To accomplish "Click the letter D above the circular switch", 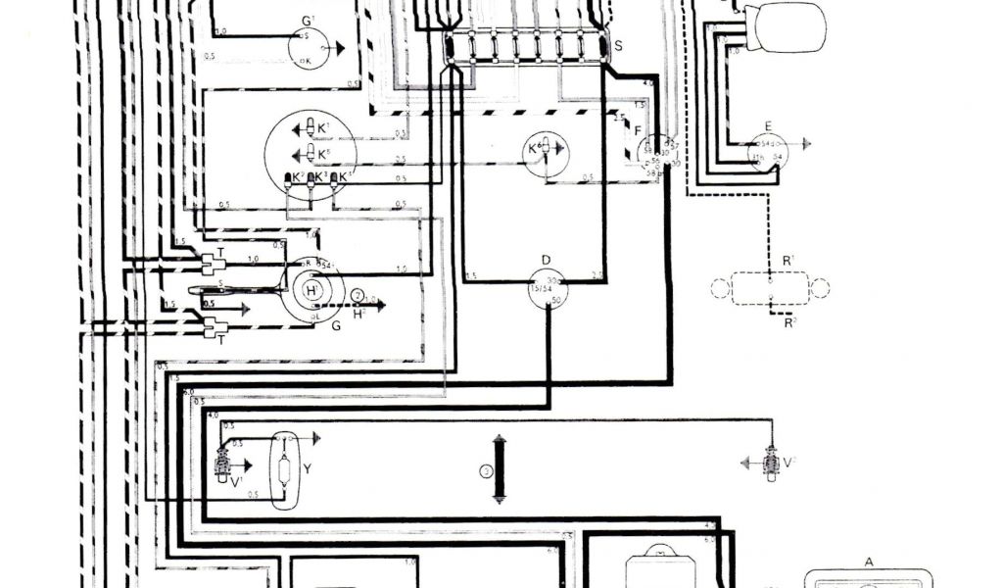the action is click(x=547, y=260).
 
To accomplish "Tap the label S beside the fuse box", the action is click(x=617, y=45).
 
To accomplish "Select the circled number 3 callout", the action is click(x=484, y=470).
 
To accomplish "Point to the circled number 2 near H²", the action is click(x=358, y=295).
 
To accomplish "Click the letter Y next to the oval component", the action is click(x=307, y=469).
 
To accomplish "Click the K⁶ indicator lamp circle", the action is click(x=542, y=154).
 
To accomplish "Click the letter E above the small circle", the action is click(x=768, y=125).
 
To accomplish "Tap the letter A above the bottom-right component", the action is click(x=869, y=563).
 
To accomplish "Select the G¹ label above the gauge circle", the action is click(x=309, y=21).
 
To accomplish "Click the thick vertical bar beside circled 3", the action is click(x=499, y=469).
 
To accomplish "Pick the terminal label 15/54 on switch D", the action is click(x=540, y=290).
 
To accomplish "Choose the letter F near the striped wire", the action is click(x=637, y=130).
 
